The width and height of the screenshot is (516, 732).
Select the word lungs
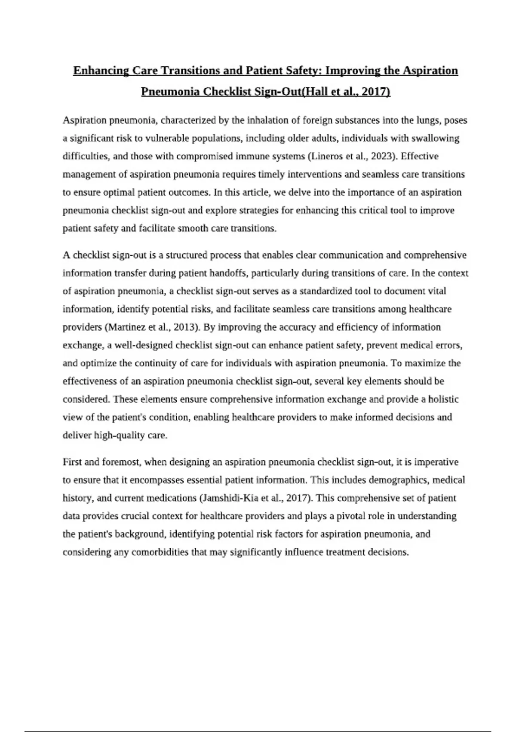(429, 120)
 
